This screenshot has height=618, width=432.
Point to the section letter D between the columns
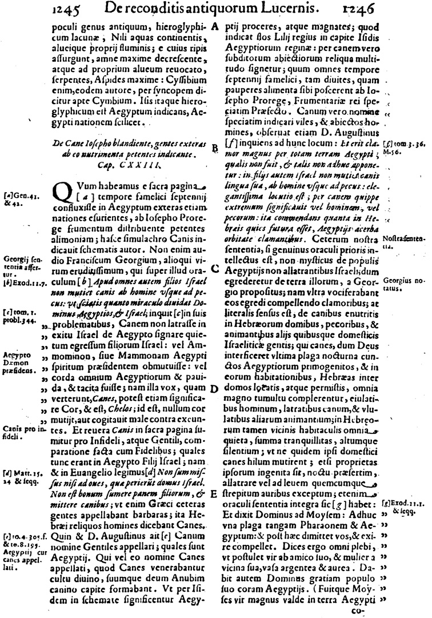215,389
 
